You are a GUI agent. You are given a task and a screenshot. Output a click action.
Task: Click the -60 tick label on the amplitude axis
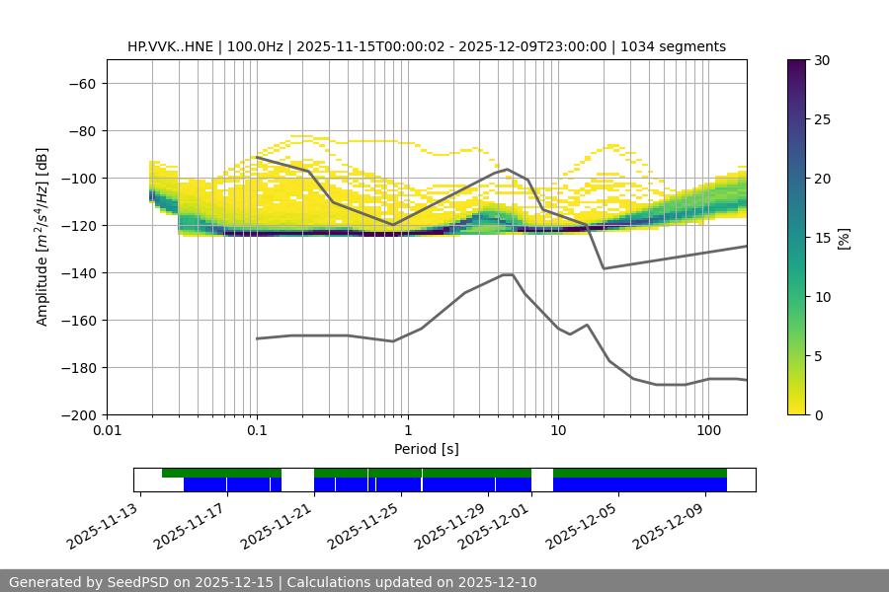point(81,84)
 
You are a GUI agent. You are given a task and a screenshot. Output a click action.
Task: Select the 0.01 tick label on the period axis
point(107,431)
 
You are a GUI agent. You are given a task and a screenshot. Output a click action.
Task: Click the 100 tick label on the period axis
point(708,431)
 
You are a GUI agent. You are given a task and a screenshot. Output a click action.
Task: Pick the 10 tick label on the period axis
point(558,431)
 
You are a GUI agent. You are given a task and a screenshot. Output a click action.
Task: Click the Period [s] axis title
point(426,449)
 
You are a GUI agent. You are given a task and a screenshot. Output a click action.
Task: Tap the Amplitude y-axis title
point(42,237)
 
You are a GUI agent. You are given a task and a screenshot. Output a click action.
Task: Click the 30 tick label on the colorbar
point(821,60)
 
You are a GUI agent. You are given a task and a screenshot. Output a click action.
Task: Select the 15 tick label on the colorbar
point(821,238)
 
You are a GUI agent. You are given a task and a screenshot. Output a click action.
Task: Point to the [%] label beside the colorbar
point(844,238)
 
